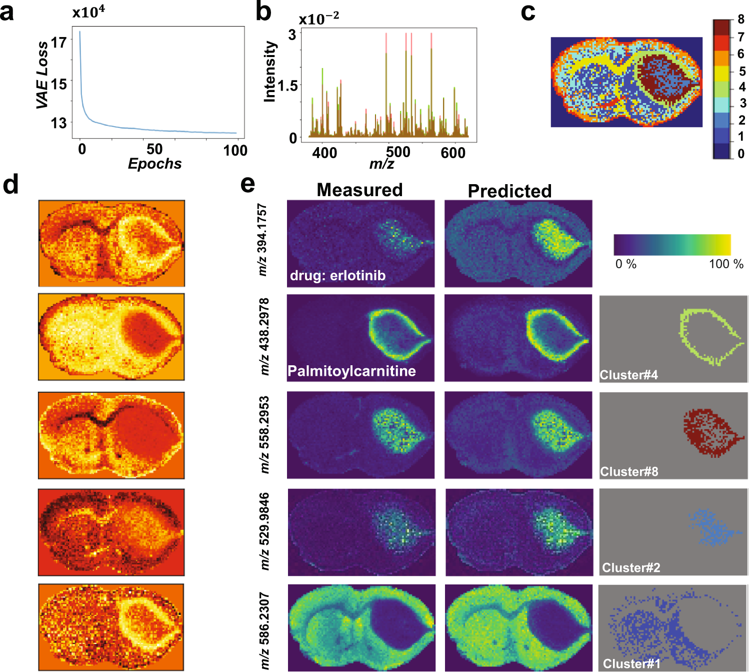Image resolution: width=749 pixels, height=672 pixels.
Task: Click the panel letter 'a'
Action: [x=7, y=12]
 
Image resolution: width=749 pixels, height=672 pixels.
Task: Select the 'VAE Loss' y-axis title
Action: [x=43, y=75]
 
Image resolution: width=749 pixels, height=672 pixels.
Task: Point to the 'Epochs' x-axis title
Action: [x=154, y=164]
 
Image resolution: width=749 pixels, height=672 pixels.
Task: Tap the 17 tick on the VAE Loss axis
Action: [x=59, y=43]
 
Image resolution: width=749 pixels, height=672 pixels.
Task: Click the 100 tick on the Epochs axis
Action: [x=235, y=150]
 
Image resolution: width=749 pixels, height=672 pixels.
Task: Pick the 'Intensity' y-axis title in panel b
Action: [x=270, y=72]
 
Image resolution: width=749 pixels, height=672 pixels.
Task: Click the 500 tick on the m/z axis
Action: [x=398, y=152]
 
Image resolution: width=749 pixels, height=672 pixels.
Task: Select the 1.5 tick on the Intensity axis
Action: [x=287, y=86]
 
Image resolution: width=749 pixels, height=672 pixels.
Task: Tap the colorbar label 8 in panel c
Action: [x=741, y=20]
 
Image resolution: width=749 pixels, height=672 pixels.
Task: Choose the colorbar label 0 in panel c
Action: [x=741, y=154]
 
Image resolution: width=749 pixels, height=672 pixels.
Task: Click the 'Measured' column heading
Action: [x=359, y=190]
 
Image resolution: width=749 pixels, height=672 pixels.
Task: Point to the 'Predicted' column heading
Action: [x=509, y=191]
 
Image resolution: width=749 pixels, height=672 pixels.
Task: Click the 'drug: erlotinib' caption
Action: [x=337, y=276]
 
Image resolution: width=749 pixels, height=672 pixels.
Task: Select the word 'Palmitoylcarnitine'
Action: [x=351, y=371]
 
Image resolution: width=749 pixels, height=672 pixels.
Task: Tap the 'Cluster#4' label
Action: [x=628, y=375]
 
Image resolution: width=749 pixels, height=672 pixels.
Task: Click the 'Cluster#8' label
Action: [x=629, y=471]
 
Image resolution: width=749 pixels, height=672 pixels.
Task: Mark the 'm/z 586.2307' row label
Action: [x=264, y=631]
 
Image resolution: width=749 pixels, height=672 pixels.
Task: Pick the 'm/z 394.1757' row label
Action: [x=262, y=240]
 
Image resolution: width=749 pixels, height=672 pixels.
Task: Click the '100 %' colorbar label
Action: [x=726, y=264]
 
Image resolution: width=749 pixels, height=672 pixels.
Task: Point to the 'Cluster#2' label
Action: [x=631, y=567]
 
